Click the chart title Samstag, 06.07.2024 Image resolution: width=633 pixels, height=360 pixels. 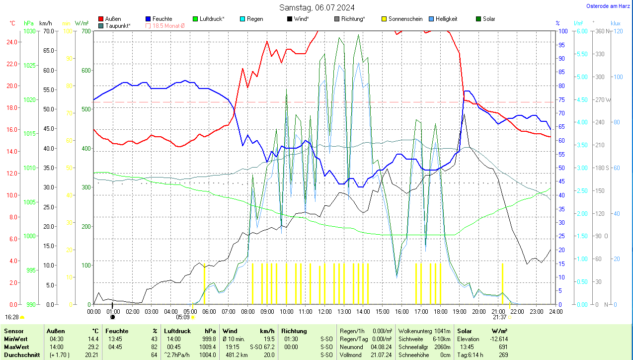(x=316, y=7)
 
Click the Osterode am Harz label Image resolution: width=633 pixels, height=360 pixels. (x=609, y=6)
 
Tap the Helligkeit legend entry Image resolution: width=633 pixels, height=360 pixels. (x=446, y=19)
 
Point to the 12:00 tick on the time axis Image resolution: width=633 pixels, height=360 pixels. (x=325, y=311)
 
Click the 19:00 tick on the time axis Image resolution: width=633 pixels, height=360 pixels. (x=460, y=311)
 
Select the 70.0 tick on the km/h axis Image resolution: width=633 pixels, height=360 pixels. (x=48, y=31)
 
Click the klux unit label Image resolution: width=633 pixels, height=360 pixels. (x=615, y=23)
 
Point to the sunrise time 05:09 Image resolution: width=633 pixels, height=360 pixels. (x=183, y=317)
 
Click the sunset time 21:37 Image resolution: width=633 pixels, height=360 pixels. (x=500, y=317)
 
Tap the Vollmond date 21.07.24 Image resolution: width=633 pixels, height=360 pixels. (x=381, y=355)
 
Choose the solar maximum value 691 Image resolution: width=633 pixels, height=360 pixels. (x=503, y=347)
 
